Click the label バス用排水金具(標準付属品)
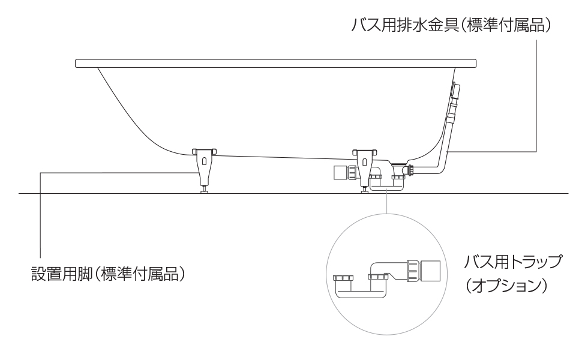pyautogui.click(x=451, y=26)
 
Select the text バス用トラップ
pyautogui.click(x=514, y=263)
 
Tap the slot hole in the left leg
pyautogui.click(x=205, y=161)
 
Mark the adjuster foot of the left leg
pyautogui.click(x=205, y=190)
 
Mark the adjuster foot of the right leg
pyautogui.click(x=364, y=190)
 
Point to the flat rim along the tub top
pyautogui.click(x=276, y=63)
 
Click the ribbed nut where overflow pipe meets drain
pyautogui.click(x=410, y=170)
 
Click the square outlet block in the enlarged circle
pyautogui.click(x=431, y=272)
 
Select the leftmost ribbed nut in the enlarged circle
pyautogui.click(x=341, y=278)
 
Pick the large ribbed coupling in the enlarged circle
pyautogui.click(x=412, y=271)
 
